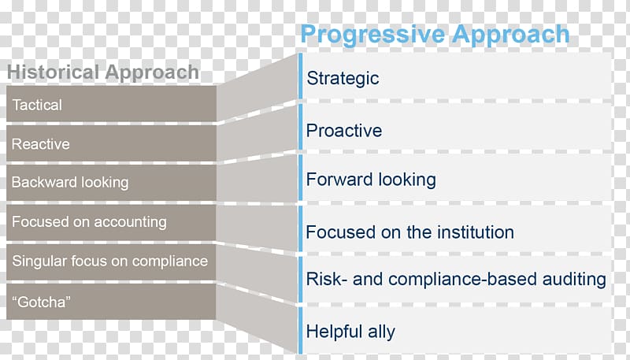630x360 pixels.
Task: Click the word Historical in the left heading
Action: pos(54,72)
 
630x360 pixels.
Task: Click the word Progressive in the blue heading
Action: pos(373,35)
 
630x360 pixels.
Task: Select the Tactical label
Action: pos(37,105)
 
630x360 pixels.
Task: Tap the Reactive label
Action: pos(41,144)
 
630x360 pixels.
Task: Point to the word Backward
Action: pos(44,182)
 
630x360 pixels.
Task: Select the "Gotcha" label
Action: pos(41,302)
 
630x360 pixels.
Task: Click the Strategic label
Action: pos(343,79)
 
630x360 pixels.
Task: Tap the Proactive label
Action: pos(344,131)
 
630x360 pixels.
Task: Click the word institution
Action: pos(476,232)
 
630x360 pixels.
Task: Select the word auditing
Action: pos(574,279)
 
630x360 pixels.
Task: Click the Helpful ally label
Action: pos(350,332)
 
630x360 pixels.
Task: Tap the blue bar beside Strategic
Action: pos(300,76)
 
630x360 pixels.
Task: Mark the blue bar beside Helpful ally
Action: pos(300,330)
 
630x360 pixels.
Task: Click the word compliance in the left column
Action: pos(170,262)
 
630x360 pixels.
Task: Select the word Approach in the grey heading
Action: pos(152,72)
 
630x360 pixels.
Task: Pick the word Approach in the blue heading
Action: pos(510,35)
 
